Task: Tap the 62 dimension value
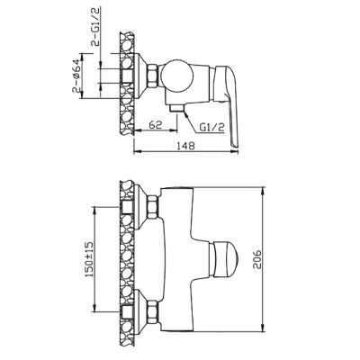click(x=156, y=124)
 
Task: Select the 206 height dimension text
click(x=257, y=258)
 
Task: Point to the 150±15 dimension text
click(x=91, y=259)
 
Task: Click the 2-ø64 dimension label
click(x=76, y=76)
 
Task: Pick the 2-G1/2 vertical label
click(x=95, y=27)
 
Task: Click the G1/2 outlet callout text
click(x=212, y=128)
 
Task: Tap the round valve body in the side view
click(x=176, y=75)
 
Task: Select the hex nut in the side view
click(x=152, y=76)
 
